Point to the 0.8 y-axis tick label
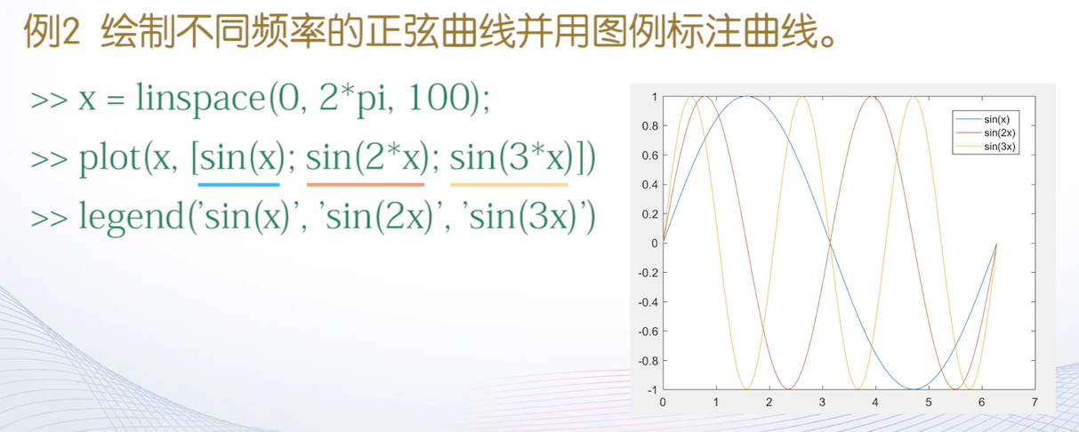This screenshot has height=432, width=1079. tap(650, 126)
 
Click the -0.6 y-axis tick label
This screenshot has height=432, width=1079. tap(648, 332)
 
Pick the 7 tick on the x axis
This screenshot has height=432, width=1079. tap(1035, 402)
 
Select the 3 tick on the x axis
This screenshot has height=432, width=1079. tap(822, 402)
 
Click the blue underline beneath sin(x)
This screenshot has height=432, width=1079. tap(238, 185)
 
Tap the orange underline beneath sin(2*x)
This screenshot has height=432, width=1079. tap(366, 185)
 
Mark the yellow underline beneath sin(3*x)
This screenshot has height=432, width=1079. tap(509, 185)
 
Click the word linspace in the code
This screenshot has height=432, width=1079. tap(200, 99)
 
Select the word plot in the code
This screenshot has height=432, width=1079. tap(109, 157)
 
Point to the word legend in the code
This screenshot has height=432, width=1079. tap(132, 217)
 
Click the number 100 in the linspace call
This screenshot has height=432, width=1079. tap(439, 98)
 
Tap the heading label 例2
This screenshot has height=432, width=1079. tap(52, 31)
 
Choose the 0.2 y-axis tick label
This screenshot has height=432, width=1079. tap(650, 214)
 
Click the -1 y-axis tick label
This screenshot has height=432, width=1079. tap(652, 390)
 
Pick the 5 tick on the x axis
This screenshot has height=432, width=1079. tap(929, 402)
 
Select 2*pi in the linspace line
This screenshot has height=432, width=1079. tap(352, 99)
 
